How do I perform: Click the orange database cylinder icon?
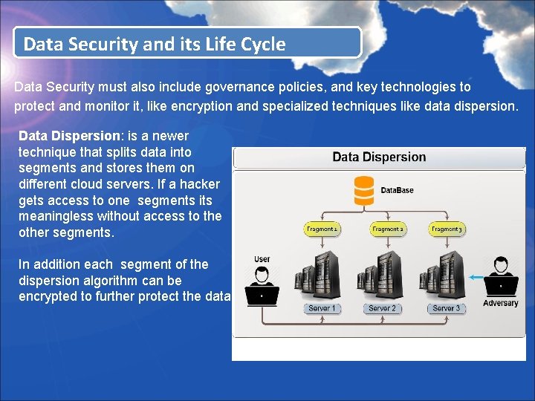(x=364, y=190)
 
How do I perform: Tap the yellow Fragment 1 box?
(x=322, y=229)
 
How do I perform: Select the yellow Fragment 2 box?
(x=386, y=229)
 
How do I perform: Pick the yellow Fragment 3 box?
(x=447, y=229)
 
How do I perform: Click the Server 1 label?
(x=322, y=308)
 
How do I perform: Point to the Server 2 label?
(x=383, y=308)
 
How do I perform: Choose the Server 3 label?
(x=447, y=308)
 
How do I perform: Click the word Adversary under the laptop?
(x=500, y=303)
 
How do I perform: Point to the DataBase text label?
(x=397, y=191)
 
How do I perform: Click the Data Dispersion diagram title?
(x=379, y=157)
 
